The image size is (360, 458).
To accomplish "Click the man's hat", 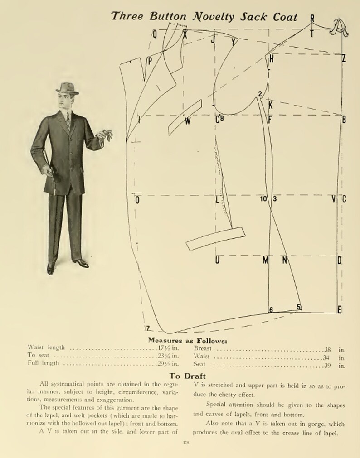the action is [67, 88].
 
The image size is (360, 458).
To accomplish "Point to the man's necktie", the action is [68, 121].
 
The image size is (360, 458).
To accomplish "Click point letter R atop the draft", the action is [312, 18].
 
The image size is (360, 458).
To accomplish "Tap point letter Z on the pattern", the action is [344, 58].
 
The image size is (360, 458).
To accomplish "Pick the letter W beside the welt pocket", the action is [188, 121].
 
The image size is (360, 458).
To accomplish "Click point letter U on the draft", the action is [217, 260].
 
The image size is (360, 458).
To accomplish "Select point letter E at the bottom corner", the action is [340, 310].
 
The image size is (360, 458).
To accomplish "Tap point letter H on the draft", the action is [272, 58].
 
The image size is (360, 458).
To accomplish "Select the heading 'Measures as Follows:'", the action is [187, 341].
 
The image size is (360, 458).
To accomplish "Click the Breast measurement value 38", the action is [328, 349].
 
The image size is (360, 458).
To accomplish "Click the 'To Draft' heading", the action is [187, 376].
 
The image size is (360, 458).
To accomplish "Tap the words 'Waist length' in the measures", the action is [46, 347].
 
